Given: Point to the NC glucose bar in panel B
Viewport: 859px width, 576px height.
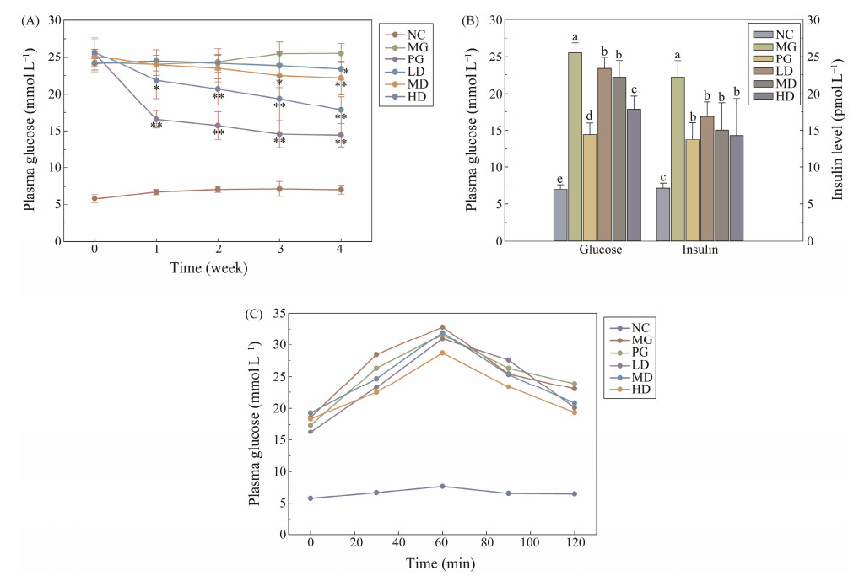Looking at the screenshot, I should point(560,214).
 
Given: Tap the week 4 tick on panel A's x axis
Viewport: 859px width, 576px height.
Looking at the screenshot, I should point(341,251).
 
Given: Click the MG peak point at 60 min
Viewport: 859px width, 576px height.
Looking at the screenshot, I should point(442,327).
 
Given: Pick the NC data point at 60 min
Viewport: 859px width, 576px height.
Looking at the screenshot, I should point(442,486).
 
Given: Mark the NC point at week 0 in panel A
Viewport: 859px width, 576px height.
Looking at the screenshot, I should point(95,198).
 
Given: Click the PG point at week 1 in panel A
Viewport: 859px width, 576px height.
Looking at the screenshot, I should point(156,119).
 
